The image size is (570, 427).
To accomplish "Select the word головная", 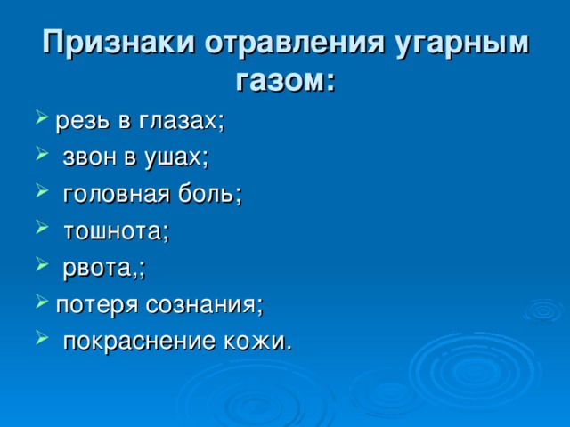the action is pyautogui.click(x=117, y=195).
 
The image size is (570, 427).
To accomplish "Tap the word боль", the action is pyautogui.click(x=208, y=194).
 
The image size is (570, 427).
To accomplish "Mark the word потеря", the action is pyautogui.click(x=97, y=305).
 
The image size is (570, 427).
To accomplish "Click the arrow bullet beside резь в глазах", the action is pyautogui.click(x=42, y=117).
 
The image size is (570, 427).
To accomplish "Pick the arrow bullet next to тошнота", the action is pyautogui.click(x=42, y=228).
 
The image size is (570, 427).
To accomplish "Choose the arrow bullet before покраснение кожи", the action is pyautogui.click(x=42, y=338).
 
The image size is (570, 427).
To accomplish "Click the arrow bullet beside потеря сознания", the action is pyautogui.click(x=42, y=302).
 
